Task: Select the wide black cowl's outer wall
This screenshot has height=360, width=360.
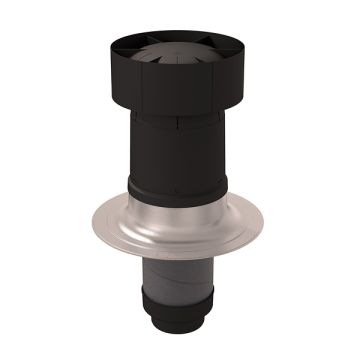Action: coord(180,85)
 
